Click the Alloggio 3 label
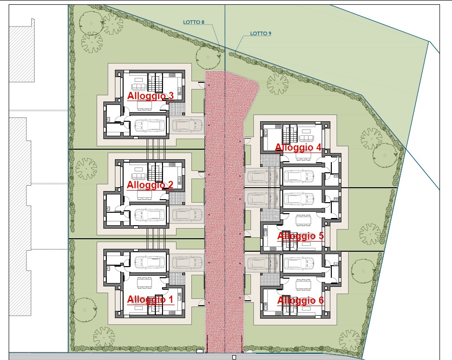click(151, 96)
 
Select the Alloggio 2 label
click(150, 185)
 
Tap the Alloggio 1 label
click(150, 299)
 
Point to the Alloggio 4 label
click(298, 147)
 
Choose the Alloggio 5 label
click(301, 236)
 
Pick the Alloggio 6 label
click(301, 301)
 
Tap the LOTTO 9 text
click(261, 34)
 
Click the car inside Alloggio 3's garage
click(150, 126)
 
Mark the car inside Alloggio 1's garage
click(150, 262)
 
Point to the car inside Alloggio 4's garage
click(299, 176)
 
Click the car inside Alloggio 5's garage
click(299, 198)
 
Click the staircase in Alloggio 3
click(155, 82)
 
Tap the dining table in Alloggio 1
click(144, 283)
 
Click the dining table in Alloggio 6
click(303, 284)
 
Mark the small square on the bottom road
click(234, 358)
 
